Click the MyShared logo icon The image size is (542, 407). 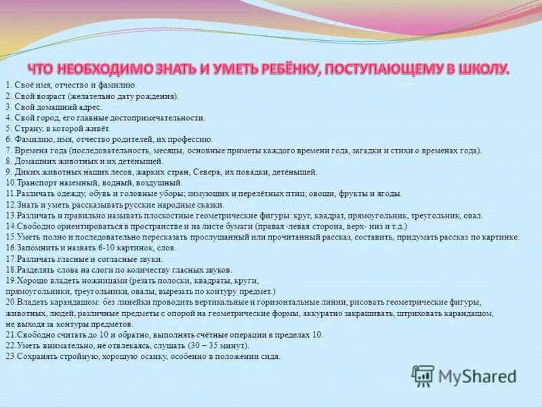tap(423, 375)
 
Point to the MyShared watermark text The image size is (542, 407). tap(477, 376)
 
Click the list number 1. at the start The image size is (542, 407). tap(8, 85)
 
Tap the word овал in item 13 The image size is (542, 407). tap(474, 216)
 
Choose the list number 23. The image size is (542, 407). tap(9, 356)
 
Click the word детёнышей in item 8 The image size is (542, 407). tap(142, 161)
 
